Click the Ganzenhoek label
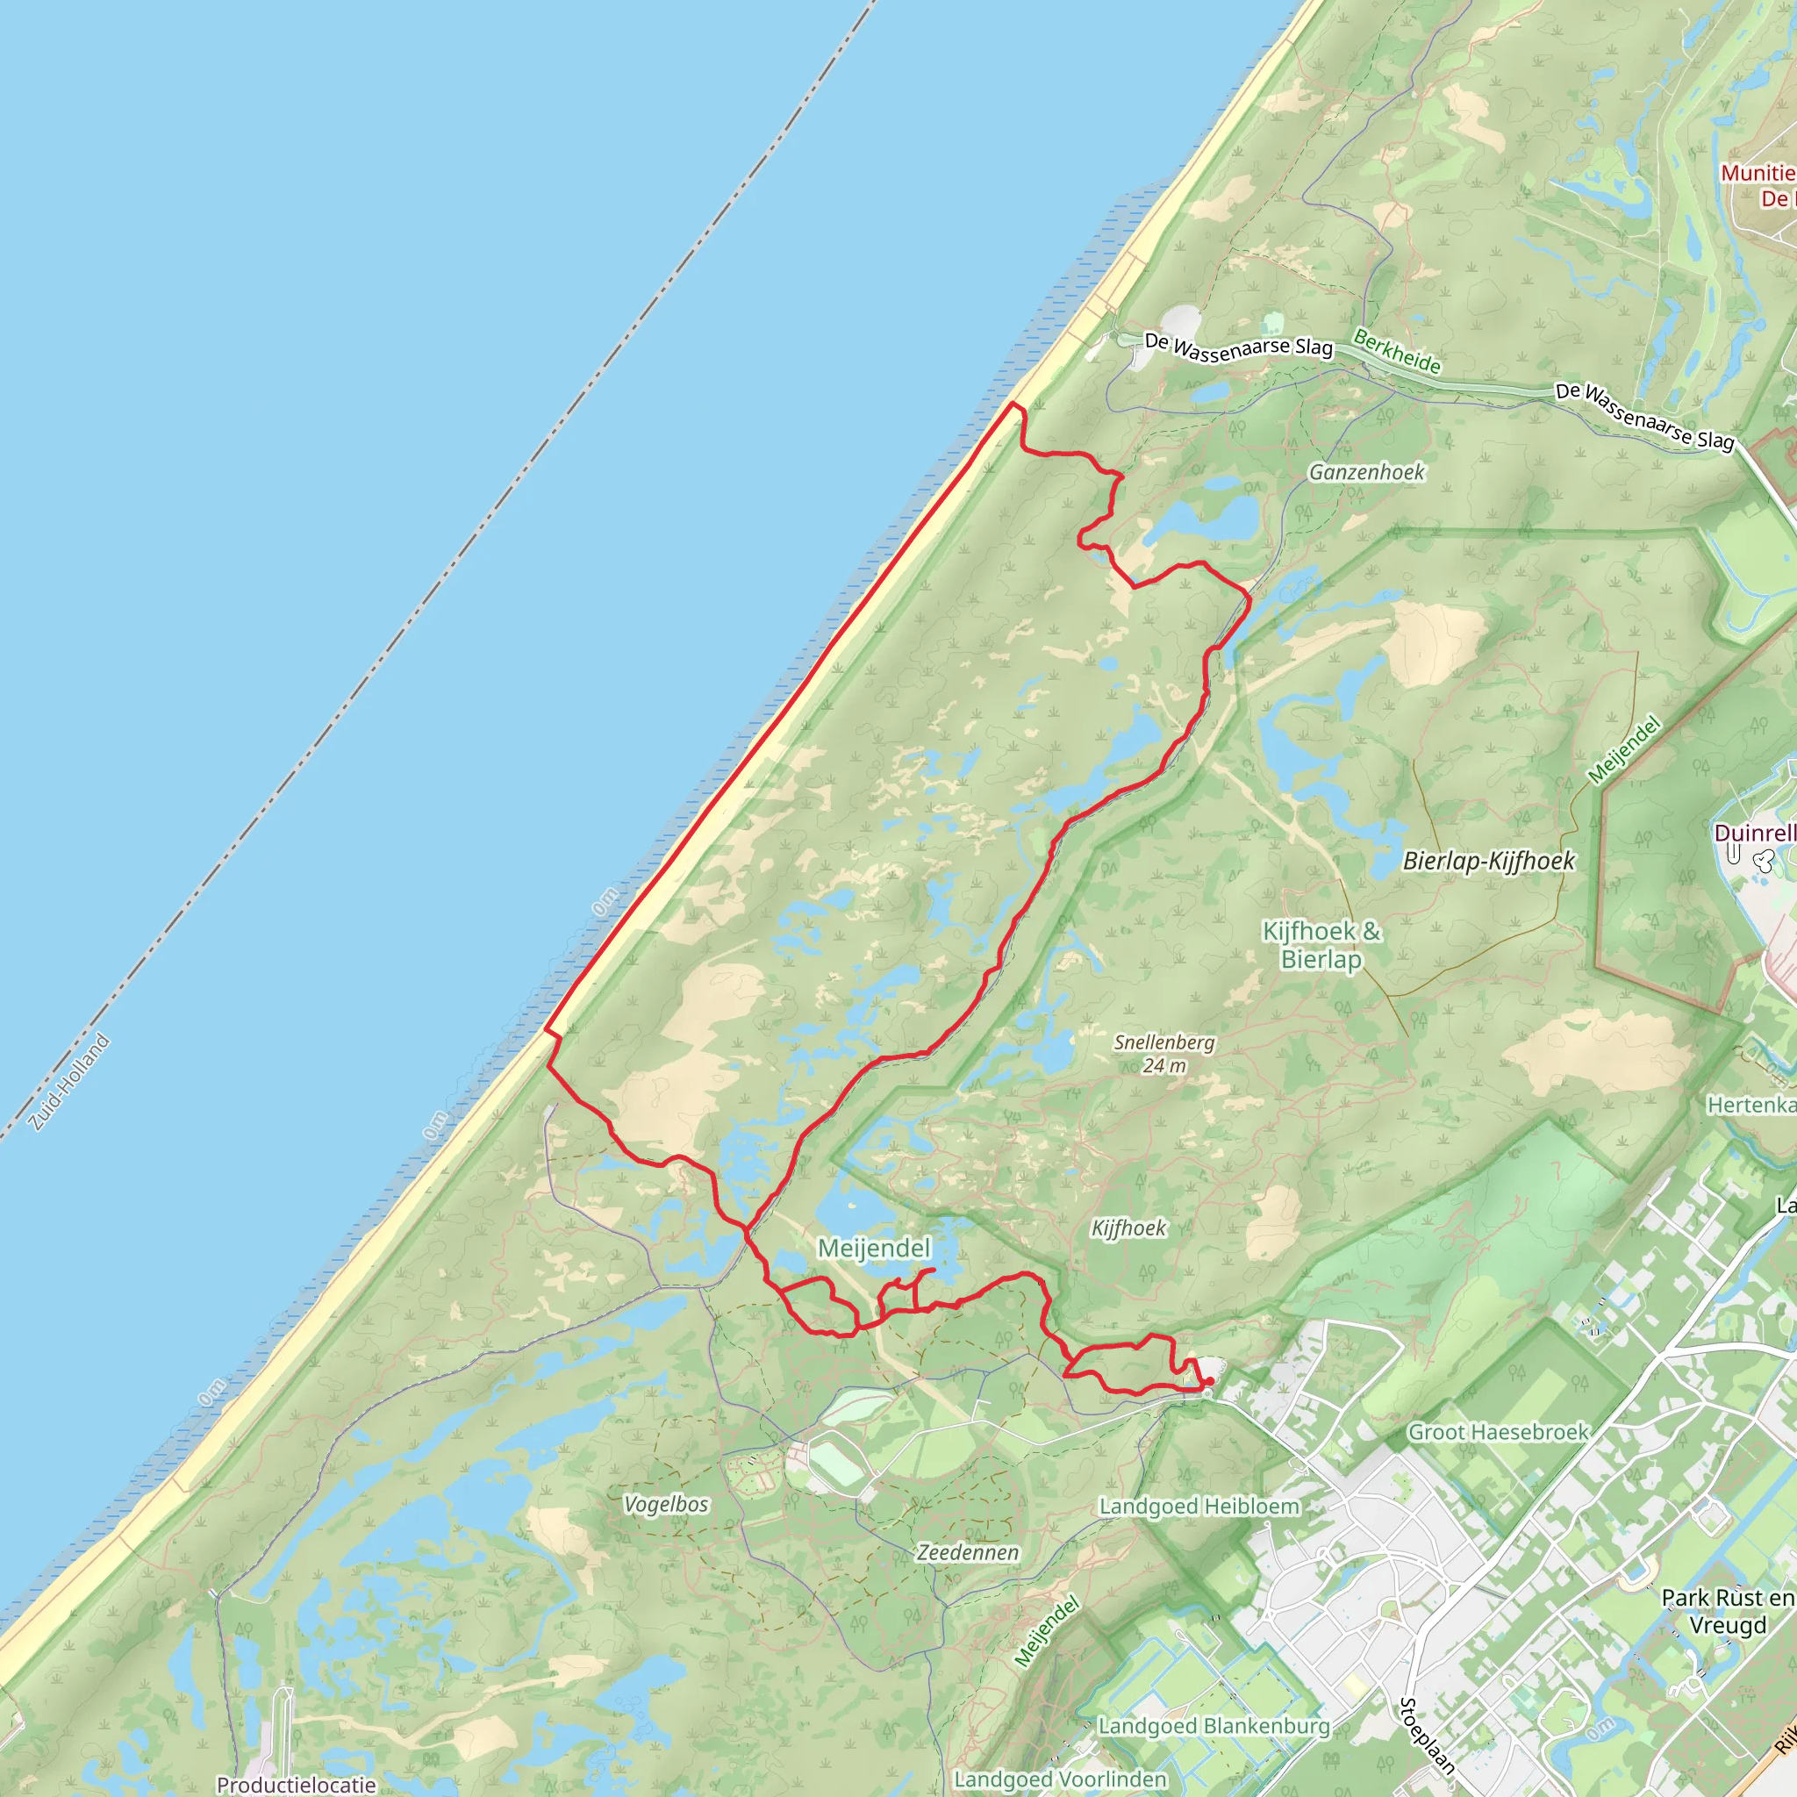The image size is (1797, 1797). (x=1366, y=473)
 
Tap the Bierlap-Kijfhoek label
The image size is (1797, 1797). (x=1488, y=861)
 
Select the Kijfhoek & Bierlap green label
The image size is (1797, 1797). (x=1321, y=944)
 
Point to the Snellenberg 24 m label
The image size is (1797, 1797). (x=1164, y=1053)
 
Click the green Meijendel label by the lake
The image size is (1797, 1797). (x=873, y=1249)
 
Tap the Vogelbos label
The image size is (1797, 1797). (x=666, y=1504)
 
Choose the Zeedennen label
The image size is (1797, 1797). (x=967, y=1552)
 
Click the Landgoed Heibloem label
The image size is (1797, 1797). (x=1199, y=1506)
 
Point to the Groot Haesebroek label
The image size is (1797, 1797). (x=1498, y=1431)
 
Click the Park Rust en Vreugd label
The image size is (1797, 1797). (x=1727, y=1611)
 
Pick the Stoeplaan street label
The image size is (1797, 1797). (x=1427, y=1735)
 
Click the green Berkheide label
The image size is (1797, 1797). (x=1396, y=352)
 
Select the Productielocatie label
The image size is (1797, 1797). (x=296, y=1784)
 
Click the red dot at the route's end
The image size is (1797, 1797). (x=1208, y=1380)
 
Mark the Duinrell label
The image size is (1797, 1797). (x=1754, y=833)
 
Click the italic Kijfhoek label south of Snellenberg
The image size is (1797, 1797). (x=1128, y=1228)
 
